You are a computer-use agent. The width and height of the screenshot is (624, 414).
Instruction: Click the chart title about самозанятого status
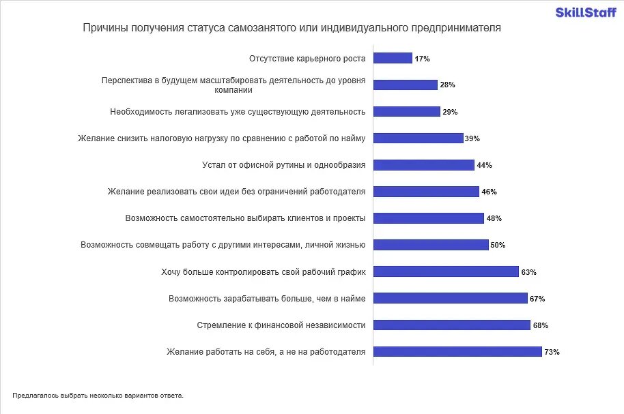pos(292,29)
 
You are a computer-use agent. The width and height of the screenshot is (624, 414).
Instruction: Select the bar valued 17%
pos(393,59)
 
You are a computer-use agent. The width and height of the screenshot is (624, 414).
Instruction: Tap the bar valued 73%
pos(457,352)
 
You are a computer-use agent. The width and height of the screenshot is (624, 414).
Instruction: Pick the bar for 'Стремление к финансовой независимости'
pos(452,325)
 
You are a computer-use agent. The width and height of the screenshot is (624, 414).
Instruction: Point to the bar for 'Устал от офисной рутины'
pos(424,165)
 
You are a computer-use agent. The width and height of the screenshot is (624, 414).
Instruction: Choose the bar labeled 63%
pos(446,271)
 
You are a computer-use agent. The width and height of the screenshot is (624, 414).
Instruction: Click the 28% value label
pos(447,85)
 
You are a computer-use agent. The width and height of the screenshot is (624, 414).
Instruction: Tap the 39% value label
pos(472,138)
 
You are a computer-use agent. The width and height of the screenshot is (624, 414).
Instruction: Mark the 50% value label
pos(498,245)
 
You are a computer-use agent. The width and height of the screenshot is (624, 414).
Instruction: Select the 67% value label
pos(537,299)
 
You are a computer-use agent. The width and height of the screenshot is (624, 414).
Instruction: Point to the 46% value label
pos(489,192)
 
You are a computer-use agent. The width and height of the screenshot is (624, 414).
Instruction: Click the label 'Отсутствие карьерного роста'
pos(307,59)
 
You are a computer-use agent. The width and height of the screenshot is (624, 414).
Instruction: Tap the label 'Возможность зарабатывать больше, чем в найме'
pos(267,298)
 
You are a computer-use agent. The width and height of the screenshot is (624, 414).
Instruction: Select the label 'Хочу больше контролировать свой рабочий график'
pos(264,271)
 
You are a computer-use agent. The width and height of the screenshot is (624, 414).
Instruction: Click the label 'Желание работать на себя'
pos(266,352)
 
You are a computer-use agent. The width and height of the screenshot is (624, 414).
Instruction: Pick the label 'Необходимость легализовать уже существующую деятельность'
pos(238,111)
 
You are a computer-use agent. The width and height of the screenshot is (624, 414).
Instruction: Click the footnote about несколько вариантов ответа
pos(98,395)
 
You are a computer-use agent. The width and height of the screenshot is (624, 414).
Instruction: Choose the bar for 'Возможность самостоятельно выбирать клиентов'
pos(429,218)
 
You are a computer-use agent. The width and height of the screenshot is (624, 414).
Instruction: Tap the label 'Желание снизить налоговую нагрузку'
pos(223,138)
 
